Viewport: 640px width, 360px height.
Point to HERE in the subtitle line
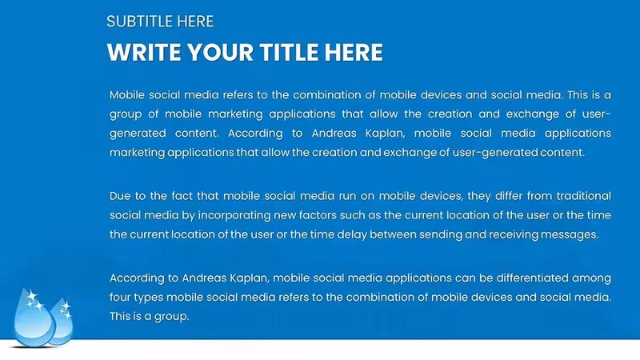click(195, 22)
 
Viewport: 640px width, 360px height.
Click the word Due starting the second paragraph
click(119, 196)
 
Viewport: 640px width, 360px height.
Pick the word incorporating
click(234, 215)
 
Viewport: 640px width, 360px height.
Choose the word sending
click(441, 234)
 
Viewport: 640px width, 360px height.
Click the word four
click(119, 297)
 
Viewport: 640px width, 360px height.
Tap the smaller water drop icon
click(62, 322)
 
